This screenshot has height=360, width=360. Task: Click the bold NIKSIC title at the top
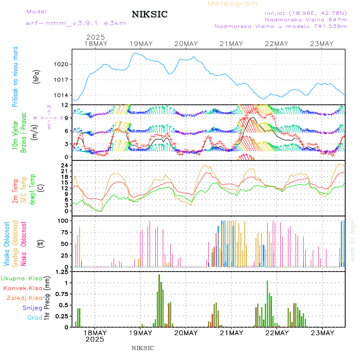(150, 15)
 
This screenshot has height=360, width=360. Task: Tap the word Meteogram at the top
(233, 4)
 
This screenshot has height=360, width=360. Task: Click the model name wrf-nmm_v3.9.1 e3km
(76, 23)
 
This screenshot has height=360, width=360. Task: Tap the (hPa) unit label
(36, 76)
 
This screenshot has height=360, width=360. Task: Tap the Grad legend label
(34, 318)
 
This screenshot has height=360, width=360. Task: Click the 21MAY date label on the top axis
(231, 44)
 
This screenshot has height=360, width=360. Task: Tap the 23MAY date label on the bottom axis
(322, 333)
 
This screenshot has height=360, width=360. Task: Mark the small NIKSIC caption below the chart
(143, 348)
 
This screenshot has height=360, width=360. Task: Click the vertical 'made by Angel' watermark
(352, 240)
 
